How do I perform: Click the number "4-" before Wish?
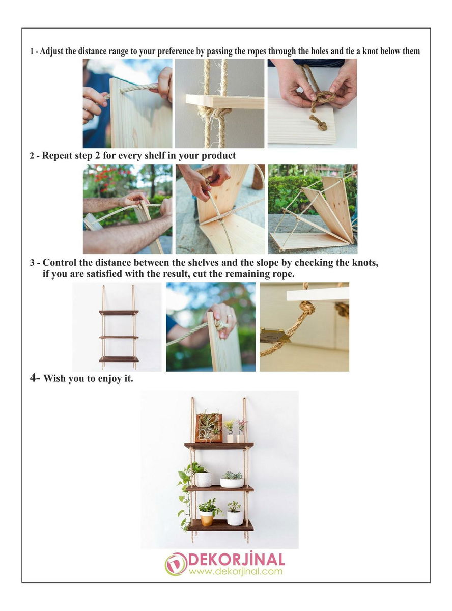click(x=35, y=378)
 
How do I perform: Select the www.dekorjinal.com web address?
click(x=236, y=571)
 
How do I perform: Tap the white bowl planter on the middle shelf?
click(x=232, y=483)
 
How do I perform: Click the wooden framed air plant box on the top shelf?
click(x=209, y=428)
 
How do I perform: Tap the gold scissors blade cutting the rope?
click(x=275, y=336)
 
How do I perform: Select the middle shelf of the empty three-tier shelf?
click(x=119, y=337)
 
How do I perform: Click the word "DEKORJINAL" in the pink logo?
click(x=236, y=560)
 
